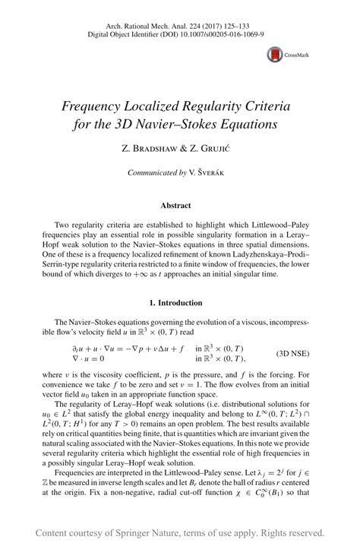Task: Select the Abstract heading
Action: click(180, 205)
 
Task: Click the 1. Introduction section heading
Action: click(180, 302)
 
